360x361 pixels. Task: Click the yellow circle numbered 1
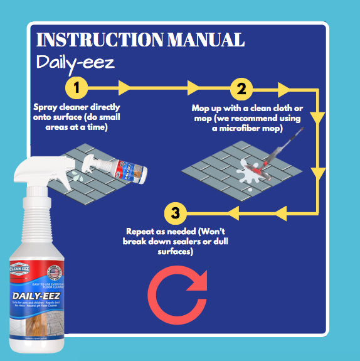(77, 87)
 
